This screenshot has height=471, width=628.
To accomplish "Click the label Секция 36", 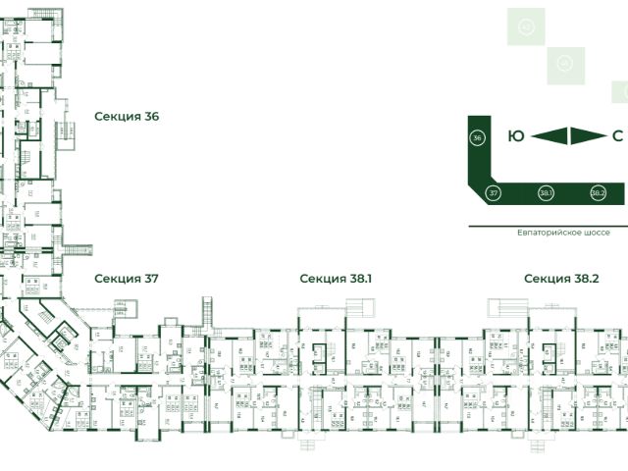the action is pyautogui.click(x=126, y=116).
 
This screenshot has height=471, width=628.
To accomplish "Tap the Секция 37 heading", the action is pyautogui.click(x=126, y=279).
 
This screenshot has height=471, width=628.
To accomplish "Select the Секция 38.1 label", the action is pyautogui.click(x=336, y=279).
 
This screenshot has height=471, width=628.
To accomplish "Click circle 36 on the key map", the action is pyautogui.click(x=477, y=137).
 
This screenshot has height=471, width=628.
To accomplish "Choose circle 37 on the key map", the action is pyautogui.click(x=495, y=193).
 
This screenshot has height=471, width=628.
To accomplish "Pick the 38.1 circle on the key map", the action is pyautogui.click(x=547, y=193).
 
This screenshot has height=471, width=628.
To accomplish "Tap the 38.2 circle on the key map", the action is pyautogui.click(x=599, y=193).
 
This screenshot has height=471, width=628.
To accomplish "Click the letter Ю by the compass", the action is pyautogui.click(x=515, y=136).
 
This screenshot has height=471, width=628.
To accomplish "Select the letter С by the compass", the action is pyautogui.click(x=617, y=136).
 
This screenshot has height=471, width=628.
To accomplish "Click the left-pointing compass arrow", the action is pyautogui.click(x=550, y=136).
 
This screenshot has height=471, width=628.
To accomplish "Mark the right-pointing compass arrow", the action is pyautogui.click(x=588, y=136).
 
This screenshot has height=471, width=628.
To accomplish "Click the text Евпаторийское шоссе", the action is pyautogui.click(x=563, y=234).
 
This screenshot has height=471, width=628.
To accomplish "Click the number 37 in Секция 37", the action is pyautogui.click(x=151, y=279).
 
